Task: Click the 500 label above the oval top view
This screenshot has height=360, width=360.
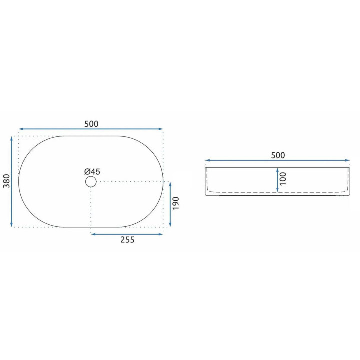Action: tap(91, 124)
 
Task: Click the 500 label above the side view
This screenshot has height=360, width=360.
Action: tap(278, 155)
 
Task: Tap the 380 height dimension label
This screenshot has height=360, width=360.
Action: tap(7, 181)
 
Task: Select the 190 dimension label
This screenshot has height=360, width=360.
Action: tap(176, 203)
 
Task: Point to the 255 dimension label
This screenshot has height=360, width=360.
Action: tap(127, 240)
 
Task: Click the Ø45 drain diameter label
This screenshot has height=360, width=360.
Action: tap(92, 171)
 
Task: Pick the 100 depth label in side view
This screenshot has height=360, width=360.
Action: tap(283, 179)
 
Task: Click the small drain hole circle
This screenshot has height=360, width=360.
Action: tap(91, 182)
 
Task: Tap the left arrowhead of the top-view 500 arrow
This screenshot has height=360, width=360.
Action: tap(21, 129)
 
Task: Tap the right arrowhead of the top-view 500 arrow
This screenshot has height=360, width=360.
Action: tap(160, 129)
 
